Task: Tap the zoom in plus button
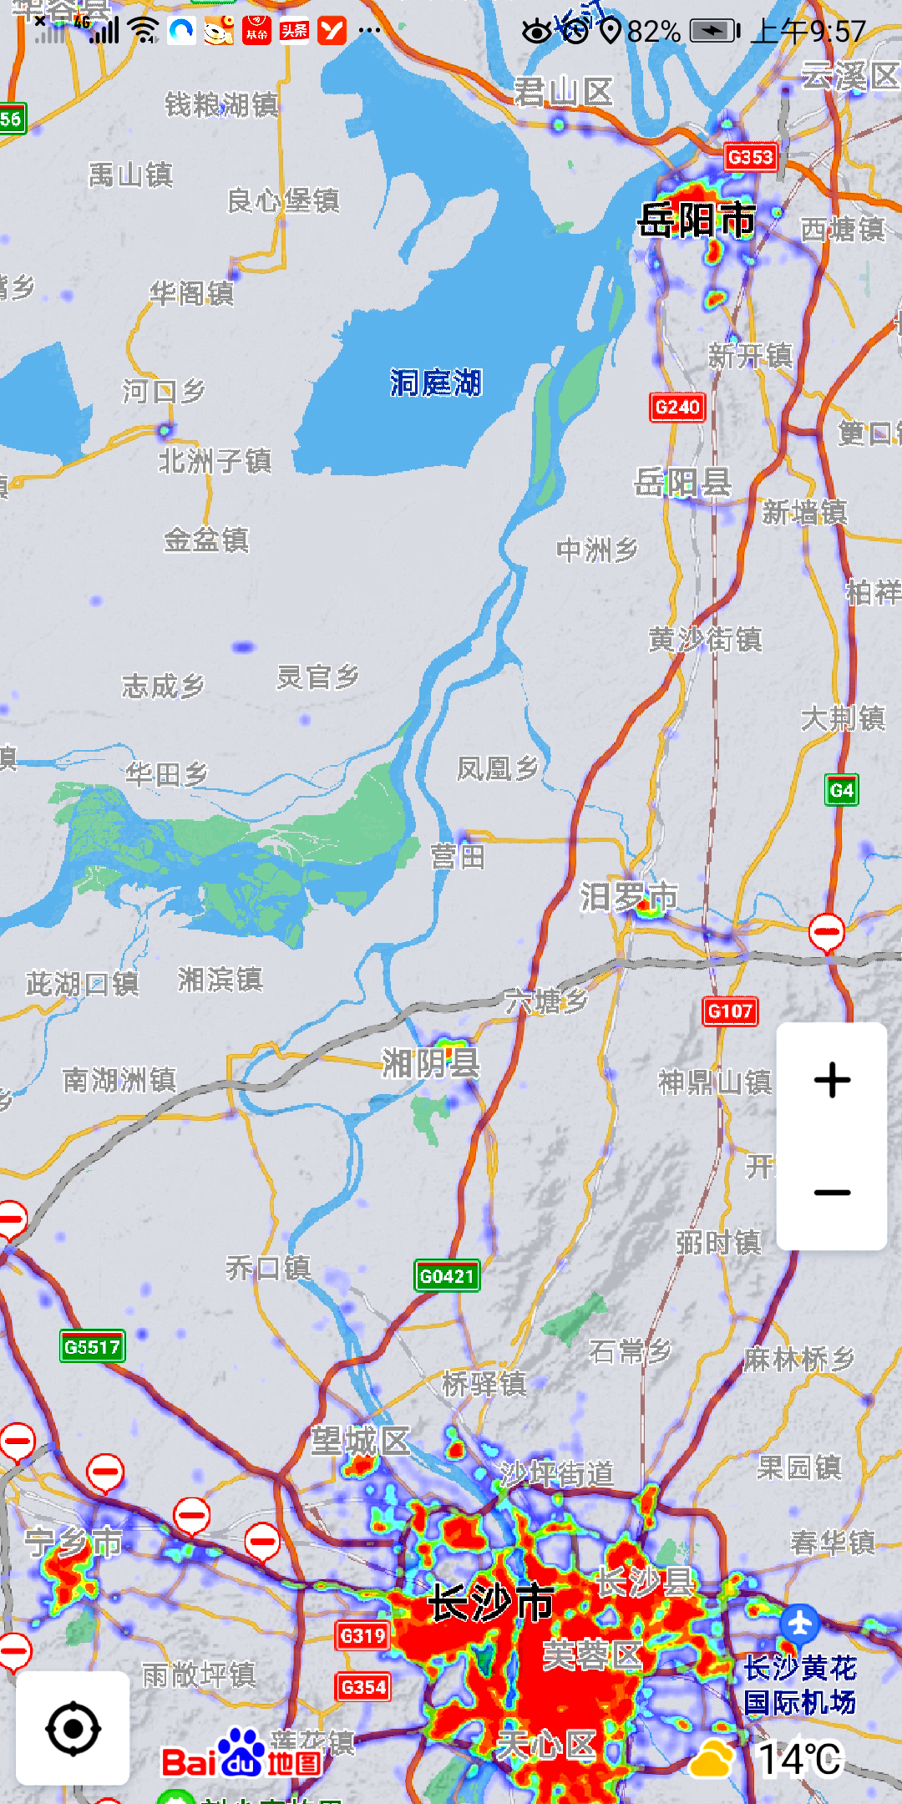pos(832,1080)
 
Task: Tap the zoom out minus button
pos(832,1193)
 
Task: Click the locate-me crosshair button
pos(73,1728)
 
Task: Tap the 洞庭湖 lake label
pos(436,383)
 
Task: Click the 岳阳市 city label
pos(697,220)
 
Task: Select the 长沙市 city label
pos(491,1603)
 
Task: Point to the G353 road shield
pos(750,157)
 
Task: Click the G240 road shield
pos(677,407)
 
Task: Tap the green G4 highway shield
pos(842,790)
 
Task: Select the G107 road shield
pos(730,1011)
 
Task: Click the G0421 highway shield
pos(447,1276)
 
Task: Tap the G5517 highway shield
pos(93,1347)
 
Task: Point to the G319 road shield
pos(363,1635)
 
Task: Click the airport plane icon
pos(800,1623)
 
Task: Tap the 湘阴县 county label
pos(431,1063)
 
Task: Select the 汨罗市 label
pos(629,897)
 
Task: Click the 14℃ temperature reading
pos(799,1760)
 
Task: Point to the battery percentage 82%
pos(653,32)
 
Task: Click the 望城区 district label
pos(361,1442)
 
